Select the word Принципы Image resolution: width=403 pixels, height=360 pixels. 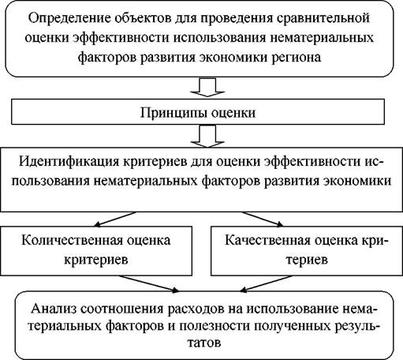point(174,113)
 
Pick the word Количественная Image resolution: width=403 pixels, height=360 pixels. point(72,241)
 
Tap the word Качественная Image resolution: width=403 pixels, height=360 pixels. point(267,241)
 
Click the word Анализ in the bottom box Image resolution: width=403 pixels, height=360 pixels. point(54,309)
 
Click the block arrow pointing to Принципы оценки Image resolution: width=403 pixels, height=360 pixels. point(207,88)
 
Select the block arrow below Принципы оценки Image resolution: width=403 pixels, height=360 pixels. point(207,136)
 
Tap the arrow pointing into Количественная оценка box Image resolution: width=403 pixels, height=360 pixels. point(115,219)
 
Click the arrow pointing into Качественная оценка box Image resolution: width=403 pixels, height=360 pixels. point(263,219)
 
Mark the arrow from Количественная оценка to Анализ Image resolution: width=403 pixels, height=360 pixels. point(149,283)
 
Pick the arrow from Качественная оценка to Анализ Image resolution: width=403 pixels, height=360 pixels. point(267,283)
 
